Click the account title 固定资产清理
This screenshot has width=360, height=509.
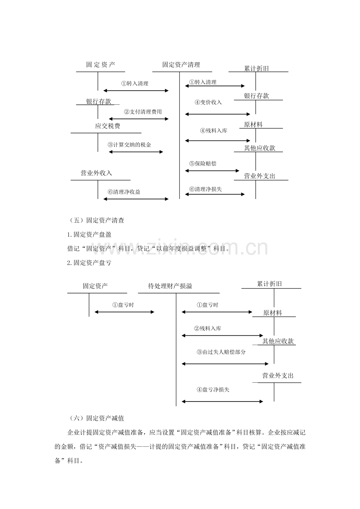point(181,65)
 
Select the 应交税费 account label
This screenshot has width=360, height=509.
point(107,126)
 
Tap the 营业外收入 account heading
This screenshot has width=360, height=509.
point(96,173)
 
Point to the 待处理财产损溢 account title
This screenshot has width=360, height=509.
point(170,286)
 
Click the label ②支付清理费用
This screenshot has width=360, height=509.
point(143,112)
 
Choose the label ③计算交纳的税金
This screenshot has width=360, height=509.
point(130,145)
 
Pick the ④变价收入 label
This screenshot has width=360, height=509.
point(208,102)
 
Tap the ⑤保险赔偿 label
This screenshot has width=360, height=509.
point(203,163)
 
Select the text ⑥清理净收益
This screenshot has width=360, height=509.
point(124,192)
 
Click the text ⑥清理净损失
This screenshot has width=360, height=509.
point(205,189)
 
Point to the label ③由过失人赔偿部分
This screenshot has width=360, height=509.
point(221,352)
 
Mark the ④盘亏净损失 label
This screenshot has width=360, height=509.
point(213,389)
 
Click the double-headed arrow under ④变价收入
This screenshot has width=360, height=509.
point(218,114)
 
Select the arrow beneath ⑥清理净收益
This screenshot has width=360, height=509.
point(136,199)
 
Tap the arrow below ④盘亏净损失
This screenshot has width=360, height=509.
point(222,401)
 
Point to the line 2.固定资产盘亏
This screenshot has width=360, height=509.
point(89,263)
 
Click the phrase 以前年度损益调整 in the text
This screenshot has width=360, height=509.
point(181,249)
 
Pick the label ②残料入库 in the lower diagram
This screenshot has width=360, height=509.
point(207,328)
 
